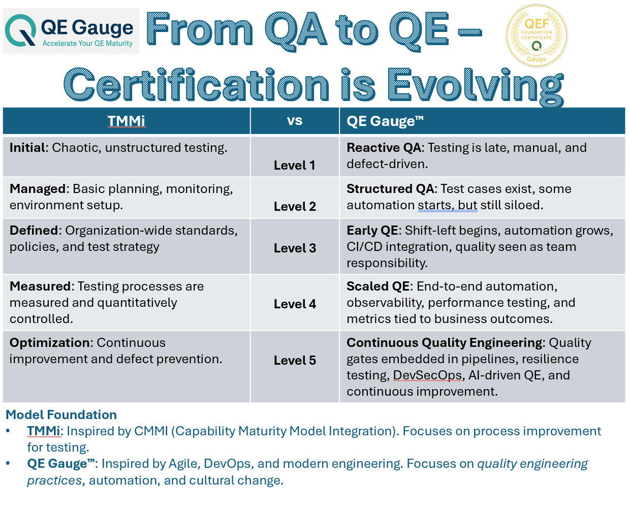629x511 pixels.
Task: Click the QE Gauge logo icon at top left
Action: pyautogui.click(x=20, y=30)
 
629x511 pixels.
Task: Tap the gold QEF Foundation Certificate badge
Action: pyautogui.click(x=537, y=36)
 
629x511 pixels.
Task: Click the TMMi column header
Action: pyautogui.click(x=126, y=121)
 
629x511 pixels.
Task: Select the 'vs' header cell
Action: pyautogui.click(x=295, y=121)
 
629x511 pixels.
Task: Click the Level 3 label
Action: pyautogui.click(x=295, y=248)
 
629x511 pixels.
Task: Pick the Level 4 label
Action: pyautogui.click(x=295, y=304)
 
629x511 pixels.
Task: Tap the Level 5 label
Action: pyautogui.click(x=295, y=360)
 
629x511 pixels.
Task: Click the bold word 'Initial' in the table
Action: pyautogui.click(x=27, y=148)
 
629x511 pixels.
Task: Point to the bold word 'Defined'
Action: pyautogui.click(x=34, y=231)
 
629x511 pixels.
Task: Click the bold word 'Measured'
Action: pyautogui.click(x=40, y=286)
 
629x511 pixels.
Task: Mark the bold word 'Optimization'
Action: pyautogui.click(x=50, y=343)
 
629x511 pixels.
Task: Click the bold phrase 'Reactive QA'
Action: pyautogui.click(x=384, y=148)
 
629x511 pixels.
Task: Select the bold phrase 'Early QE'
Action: pyautogui.click(x=372, y=231)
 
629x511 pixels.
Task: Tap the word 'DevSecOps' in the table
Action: pyautogui.click(x=427, y=375)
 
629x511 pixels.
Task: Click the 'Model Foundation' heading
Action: pyautogui.click(x=61, y=414)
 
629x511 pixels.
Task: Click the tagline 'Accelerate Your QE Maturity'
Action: pyautogui.click(x=87, y=44)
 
